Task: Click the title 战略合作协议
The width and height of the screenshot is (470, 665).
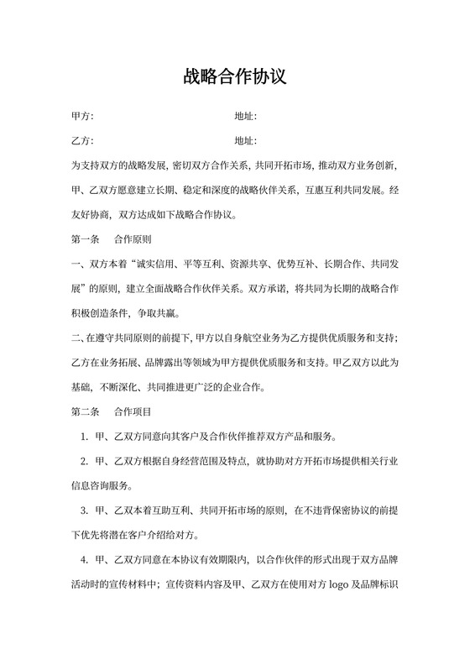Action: coord(235,77)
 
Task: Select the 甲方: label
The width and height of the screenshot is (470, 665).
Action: coord(82,116)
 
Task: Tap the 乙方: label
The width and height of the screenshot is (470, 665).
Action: coord(82,140)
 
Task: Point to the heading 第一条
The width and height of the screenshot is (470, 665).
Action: coord(86,238)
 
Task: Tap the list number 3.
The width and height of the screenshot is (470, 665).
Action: coord(84,511)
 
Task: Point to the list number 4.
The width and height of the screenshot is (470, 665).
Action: coord(84,560)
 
